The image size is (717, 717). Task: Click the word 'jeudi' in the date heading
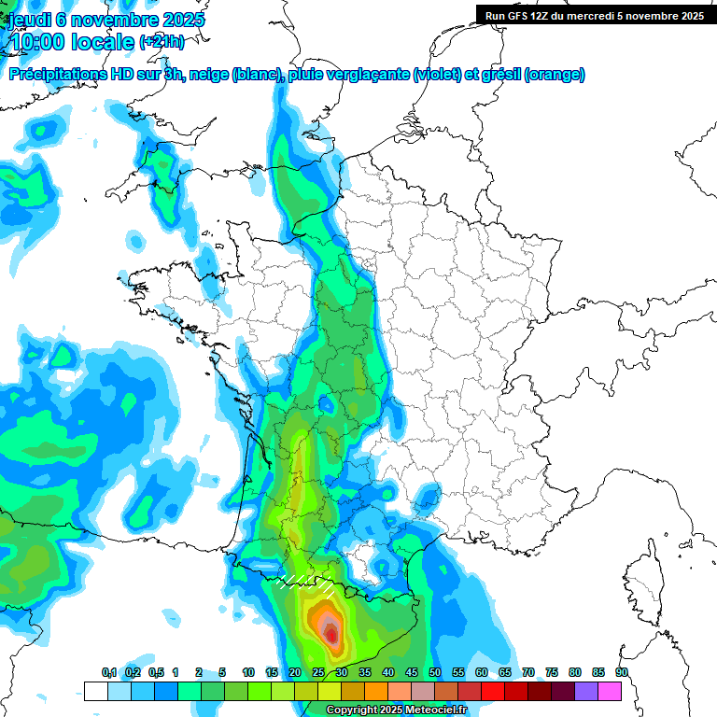click(x=29, y=20)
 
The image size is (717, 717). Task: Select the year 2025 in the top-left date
click(x=184, y=20)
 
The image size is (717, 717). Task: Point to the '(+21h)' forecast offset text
click(x=162, y=42)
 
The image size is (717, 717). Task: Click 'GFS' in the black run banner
click(x=520, y=15)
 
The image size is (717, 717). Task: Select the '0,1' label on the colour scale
click(x=109, y=672)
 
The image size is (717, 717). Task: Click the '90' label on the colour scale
click(x=621, y=672)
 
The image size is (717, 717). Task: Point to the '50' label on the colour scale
click(x=435, y=672)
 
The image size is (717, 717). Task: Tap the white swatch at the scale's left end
click(x=95, y=691)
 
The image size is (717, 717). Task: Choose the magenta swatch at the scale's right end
click(x=610, y=691)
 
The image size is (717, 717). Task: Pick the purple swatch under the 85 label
click(x=586, y=691)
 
